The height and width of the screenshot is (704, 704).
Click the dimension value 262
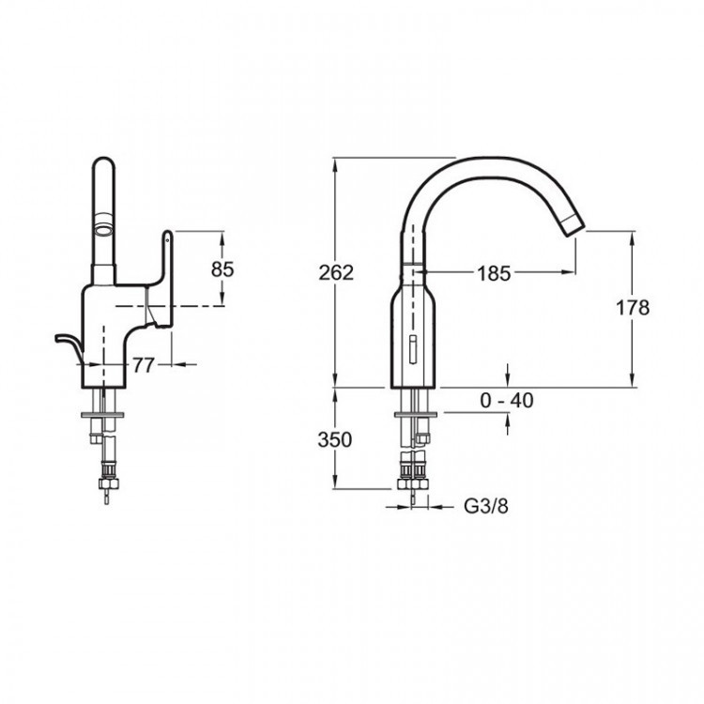pyautogui.click(x=336, y=272)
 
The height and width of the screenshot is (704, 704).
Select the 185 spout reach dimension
pyautogui.click(x=494, y=273)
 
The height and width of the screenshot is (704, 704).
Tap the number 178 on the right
pyautogui.click(x=633, y=308)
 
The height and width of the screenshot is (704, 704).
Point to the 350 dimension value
pyautogui.click(x=335, y=439)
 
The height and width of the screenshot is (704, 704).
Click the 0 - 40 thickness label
pyautogui.click(x=507, y=400)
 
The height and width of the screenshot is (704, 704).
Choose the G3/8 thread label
pyautogui.click(x=486, y=507)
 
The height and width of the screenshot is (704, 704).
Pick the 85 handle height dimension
pyautogui.click(x=222, y=269)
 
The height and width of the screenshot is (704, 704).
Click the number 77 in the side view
pyautogui.click(x=144, y=365)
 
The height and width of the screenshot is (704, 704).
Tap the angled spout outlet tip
pyautogui.click(x=573, y=225)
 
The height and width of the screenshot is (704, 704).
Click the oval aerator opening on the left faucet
pyautogui.click(x=103, y=232)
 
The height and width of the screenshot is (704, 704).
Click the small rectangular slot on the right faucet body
pyautogui.click(x=413, y=348)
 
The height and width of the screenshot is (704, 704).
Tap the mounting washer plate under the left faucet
pyautogui.click(x=103, y=414)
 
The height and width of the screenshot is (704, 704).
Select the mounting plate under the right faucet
pyautogui.click(x=416, y=414)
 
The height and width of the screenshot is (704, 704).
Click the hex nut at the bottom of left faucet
pyautogui.click(x=109, y=483)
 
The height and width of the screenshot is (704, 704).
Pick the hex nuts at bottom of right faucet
pyautogui.click(x=414, y=483)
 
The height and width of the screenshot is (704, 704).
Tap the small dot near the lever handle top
pyautogui.click(x=167, y=240)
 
